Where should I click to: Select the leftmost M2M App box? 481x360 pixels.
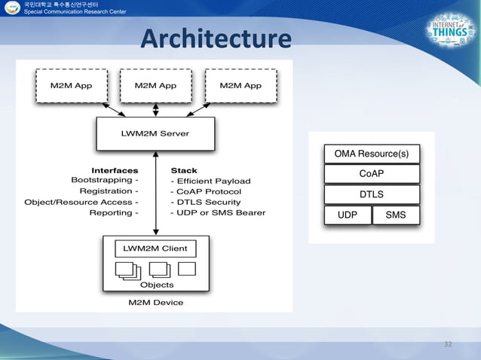71,86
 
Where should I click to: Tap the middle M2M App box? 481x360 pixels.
155,86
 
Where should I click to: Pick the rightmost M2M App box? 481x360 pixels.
240,86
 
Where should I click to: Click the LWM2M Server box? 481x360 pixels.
155,133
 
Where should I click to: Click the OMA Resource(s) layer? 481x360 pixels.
371,154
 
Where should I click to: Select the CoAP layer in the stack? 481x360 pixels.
371,174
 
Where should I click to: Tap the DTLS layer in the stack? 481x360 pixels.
371,194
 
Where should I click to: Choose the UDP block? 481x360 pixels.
347,215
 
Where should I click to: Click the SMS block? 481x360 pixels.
396,215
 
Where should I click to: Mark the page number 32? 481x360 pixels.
448,344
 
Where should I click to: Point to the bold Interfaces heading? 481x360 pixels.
115,170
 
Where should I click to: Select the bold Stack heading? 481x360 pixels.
184,170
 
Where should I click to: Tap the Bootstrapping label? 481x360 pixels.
104,181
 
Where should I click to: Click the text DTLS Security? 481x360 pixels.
208,202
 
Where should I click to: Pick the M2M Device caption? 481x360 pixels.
155,303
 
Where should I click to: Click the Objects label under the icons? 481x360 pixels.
157,285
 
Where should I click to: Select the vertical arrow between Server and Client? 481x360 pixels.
155,193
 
